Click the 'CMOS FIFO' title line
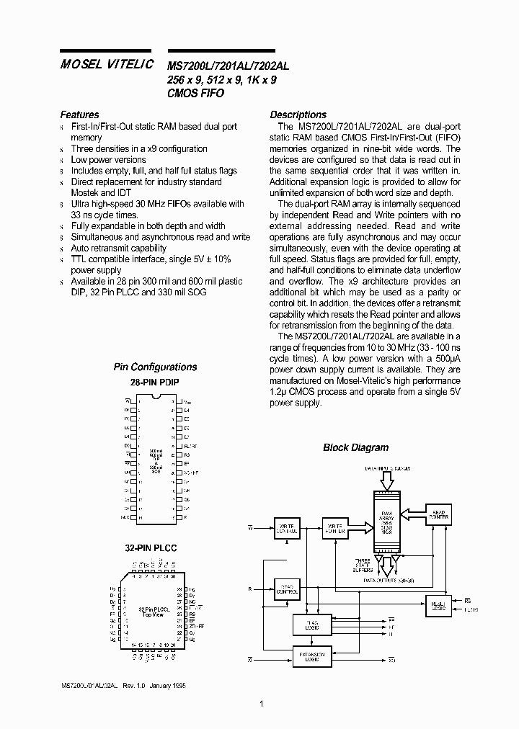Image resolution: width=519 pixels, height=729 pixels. pyautogui.click(x=195, y=94)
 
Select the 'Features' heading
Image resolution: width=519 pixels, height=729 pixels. pyautogui.click(x=79, y=115)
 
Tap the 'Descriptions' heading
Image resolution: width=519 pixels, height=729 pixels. pyautogui.click(x=298, y=115)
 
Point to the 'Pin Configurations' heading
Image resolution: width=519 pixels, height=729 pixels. pyautogui.click(x=155, y=367)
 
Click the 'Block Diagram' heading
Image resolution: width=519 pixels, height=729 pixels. pyautogui.click(x=355, y=447)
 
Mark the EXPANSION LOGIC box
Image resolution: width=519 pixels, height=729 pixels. pyautogui.click(x=309, y=656)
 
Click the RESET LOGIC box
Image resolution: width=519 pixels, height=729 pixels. pyautogui.click(x=438, y=604)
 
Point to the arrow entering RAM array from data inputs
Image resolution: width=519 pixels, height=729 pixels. pyautogui.click(x=386, y=480)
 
